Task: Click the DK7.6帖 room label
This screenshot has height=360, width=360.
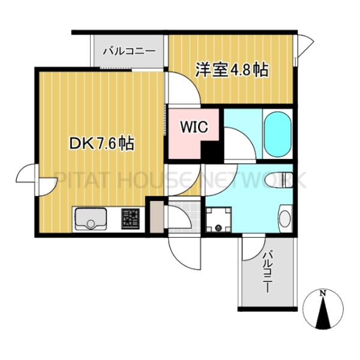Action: tap(101, 143)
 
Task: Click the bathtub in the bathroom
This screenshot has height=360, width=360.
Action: tap(277, 136)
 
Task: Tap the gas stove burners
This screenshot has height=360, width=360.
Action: tap(130, 218)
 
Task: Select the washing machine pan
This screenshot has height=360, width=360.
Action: tap(217, 220)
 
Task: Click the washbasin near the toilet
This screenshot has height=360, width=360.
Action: tap(284, 218)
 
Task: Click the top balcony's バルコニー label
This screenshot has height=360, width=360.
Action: tap(128, 51)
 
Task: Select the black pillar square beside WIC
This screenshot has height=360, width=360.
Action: tap(211, 151)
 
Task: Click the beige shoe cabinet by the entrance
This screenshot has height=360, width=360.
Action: tap(156, 218)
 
